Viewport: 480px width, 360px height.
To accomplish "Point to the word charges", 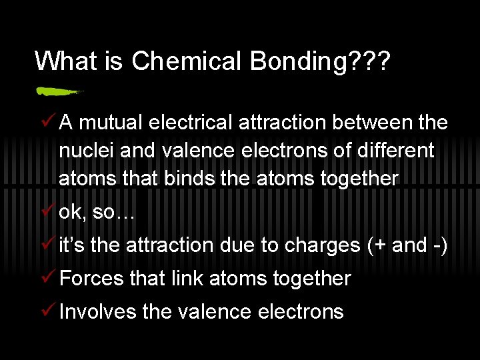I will click(x=323, y=245).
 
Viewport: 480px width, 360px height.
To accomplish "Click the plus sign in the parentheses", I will click(x=381, y=245).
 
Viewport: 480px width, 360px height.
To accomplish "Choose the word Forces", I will click(x=91, y=278).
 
